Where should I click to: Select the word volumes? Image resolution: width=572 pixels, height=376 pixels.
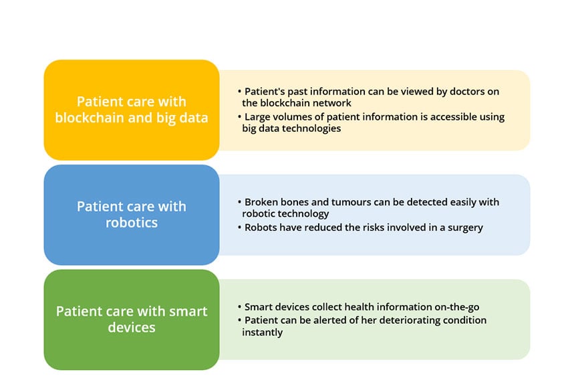point(293,117)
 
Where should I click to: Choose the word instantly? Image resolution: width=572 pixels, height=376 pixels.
point(263,332)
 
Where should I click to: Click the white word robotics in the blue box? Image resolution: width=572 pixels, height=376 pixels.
point(132,223)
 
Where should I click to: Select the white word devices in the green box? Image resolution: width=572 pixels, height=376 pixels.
point(132,327)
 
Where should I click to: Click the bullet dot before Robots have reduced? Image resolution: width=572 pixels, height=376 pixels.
point(239,227)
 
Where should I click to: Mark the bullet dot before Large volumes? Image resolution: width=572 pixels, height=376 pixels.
point(239,116)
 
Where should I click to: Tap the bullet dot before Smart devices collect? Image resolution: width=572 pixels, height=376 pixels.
point(239,306)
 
